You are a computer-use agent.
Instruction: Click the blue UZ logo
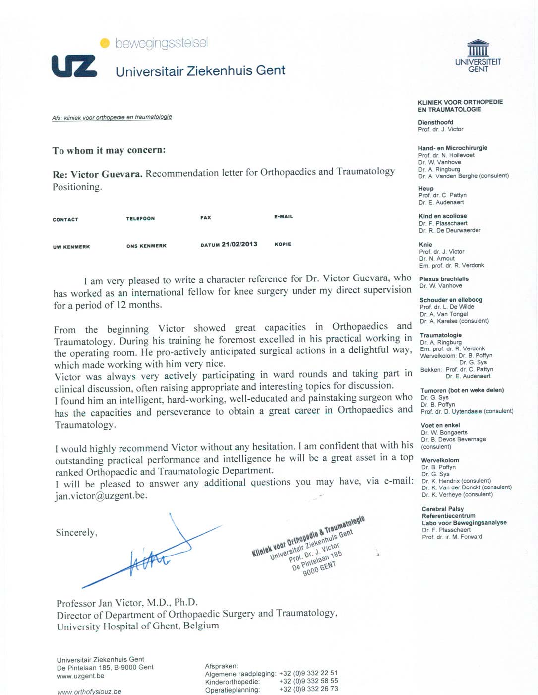point(74,67)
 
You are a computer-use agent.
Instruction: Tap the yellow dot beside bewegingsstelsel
point(105,43)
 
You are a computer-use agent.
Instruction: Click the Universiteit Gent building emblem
point(478,49)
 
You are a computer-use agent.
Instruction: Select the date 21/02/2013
point(239,244)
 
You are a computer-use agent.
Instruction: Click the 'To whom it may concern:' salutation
point(109,150)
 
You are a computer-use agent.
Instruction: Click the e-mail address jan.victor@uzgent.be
point(101,496)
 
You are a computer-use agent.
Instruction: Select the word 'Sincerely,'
point(76,533)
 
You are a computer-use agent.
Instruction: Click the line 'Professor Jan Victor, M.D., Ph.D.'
point(127,603)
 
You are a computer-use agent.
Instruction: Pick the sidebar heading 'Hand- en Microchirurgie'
point(453,148)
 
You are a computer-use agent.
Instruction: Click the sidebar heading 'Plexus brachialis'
point(444,279)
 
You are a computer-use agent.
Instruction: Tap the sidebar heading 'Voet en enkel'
point(440,425)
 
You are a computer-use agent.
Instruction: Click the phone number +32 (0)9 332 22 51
point(308,673)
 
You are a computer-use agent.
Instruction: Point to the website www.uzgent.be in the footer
point(80,676)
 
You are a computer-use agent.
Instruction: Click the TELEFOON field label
point(140,219)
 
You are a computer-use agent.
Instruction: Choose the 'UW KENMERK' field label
point(71,247)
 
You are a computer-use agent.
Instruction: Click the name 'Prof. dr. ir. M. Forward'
point(452,537)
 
